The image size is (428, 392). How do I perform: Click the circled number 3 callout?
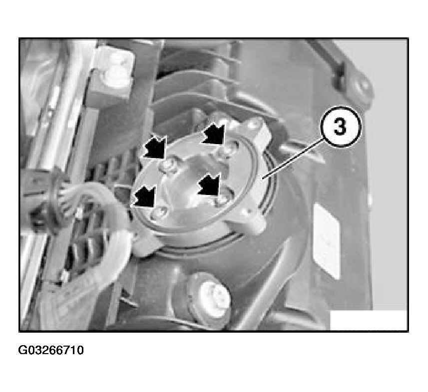click(340, 127)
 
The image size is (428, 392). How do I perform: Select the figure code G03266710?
click(51, 350)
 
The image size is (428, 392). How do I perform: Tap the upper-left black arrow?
click(155, 147)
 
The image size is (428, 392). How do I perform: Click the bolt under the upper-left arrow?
click(169, 166)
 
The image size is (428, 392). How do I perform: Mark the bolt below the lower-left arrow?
click(159, 212)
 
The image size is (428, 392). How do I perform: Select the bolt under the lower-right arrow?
click(222, 201)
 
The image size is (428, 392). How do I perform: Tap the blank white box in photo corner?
click(369, 320)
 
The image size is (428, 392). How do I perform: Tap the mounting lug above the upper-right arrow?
click(254, 128)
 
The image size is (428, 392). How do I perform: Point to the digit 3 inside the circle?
click(340, 127)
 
